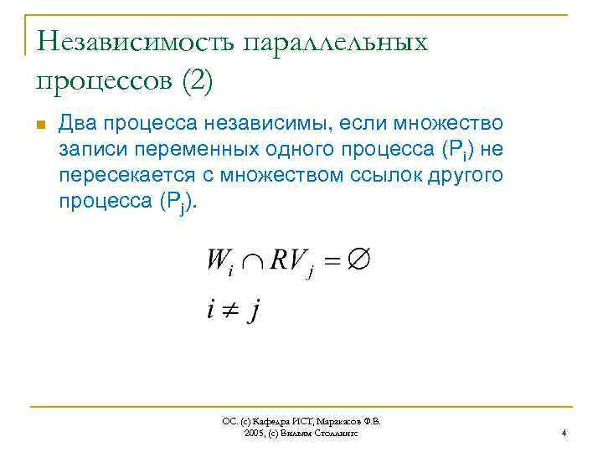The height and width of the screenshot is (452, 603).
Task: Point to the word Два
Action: [x=79, y=125]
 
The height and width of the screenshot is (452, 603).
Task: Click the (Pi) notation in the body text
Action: [x=457, y=151]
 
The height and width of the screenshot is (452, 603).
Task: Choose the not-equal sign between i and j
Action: [x=228, y=311]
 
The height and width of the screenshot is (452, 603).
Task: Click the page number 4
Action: [x=564, y=433]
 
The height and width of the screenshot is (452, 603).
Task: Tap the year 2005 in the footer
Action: [x=254, y=433]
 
